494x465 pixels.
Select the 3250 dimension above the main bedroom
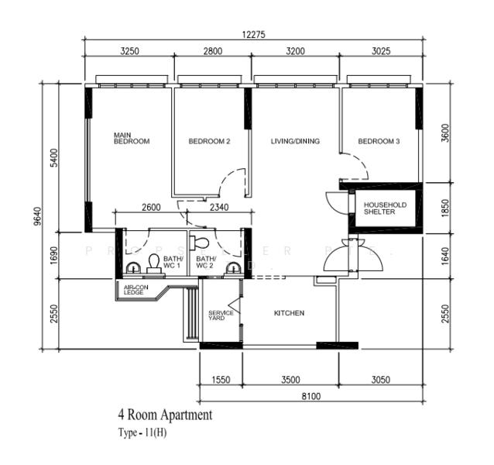(x=129, y=51)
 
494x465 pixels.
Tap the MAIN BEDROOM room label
(x=131, y=138)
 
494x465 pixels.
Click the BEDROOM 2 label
(x=209, y=142)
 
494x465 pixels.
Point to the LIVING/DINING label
(x=294, y=142)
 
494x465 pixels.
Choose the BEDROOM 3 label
(x=379, y=142)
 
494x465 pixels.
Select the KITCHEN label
(x=289, y=314)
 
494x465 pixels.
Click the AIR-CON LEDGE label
(x=134, y=290)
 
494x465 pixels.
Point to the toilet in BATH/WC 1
(x=153, y=261)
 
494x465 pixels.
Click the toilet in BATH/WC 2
(x=202, y=240)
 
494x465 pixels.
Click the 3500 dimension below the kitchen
(x=290, y=381)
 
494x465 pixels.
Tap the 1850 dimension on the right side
(x=443, y=206)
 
